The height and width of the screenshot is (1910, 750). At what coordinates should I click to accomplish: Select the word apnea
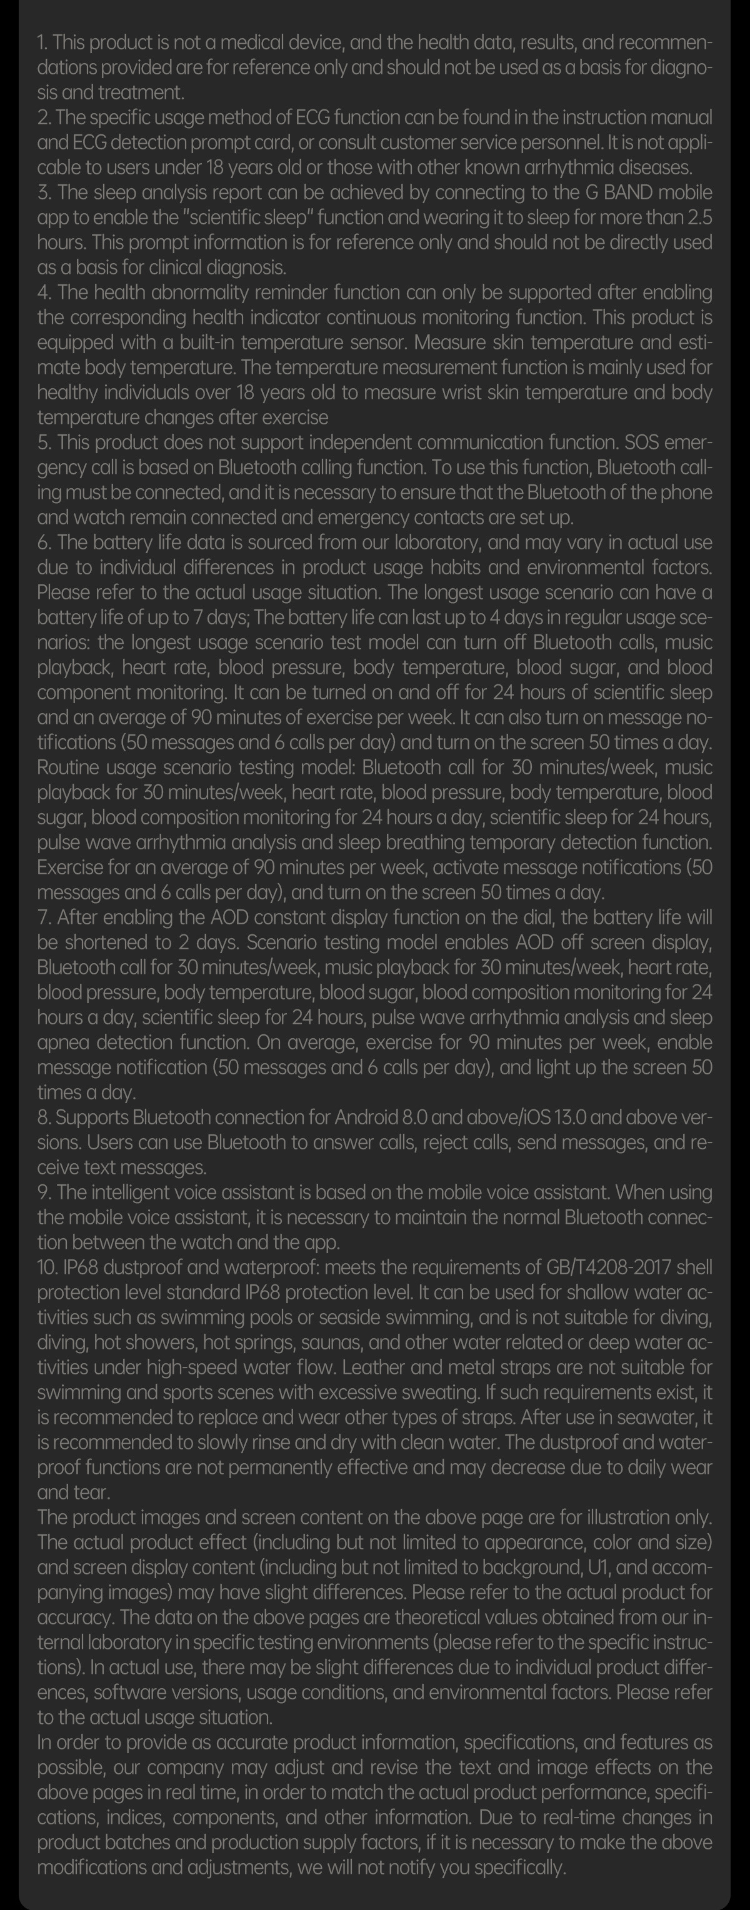pos(64,1042)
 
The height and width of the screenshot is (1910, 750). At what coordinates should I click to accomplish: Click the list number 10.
pos(47,1267)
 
